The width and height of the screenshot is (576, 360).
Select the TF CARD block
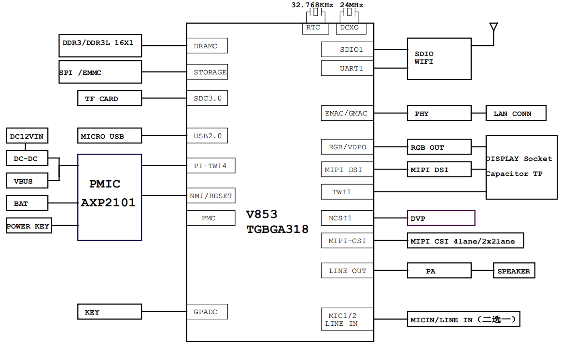(x=110, y=98)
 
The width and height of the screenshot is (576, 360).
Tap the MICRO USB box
(x=110, y=136)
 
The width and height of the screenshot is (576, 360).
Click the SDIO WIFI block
(x=439, y=58)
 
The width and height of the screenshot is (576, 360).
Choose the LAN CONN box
(x=516, y=114)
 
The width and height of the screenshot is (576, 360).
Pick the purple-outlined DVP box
(x=441, y=218)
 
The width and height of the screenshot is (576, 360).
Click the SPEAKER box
(x=514, y=271)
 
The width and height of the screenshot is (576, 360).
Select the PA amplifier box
(x=439, y=271)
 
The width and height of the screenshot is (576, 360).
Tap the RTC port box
(x=313, y=28)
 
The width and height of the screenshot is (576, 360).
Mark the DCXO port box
(x=350, y=28)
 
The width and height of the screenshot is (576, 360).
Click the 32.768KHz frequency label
(x=312, y=5)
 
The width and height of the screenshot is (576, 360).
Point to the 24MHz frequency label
(x=351, y=5)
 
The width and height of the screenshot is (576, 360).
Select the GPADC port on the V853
(x=207, y=312)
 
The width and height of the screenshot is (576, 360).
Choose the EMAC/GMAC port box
(x=347, y=113)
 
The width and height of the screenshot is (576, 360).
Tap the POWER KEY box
(x=28, y=226)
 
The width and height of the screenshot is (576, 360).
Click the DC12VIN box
(x=27, y=136)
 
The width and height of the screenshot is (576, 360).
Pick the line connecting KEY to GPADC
(x=164, y=312)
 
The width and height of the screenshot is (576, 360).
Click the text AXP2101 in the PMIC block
(x=108, y=203)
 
